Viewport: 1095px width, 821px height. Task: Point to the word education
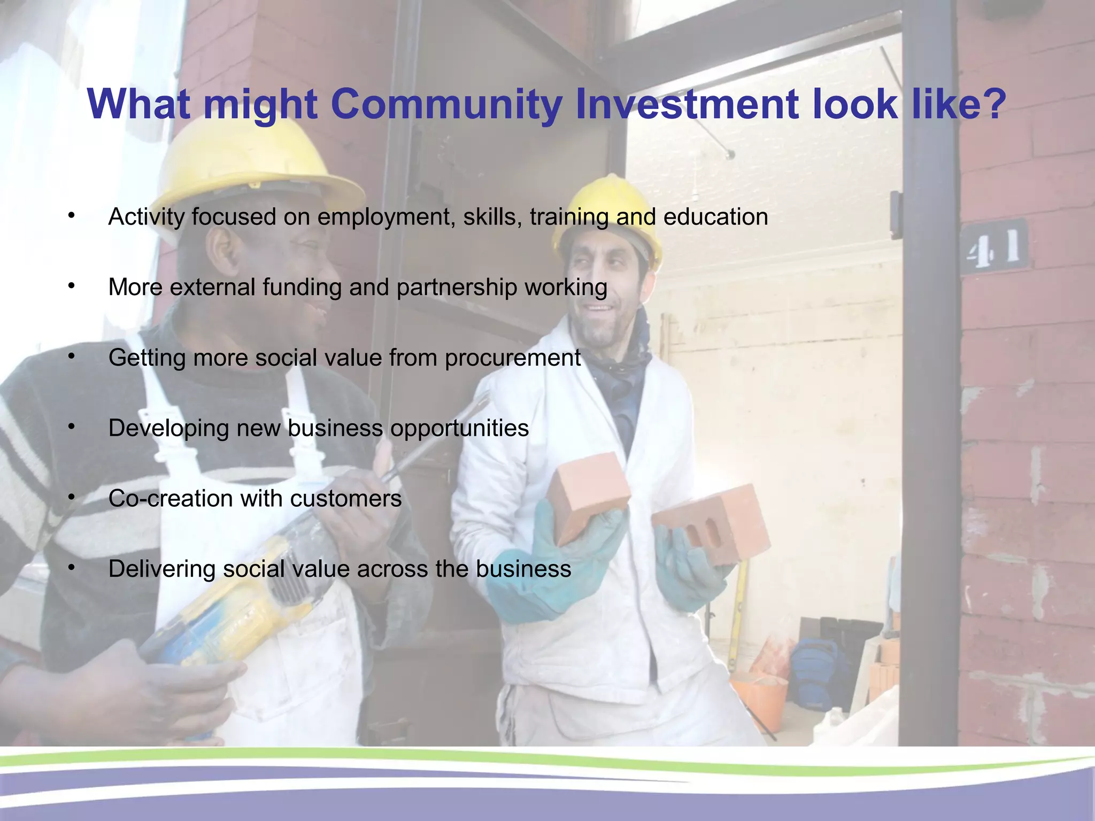pos(715,217)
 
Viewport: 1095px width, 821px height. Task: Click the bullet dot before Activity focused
pos(71,215)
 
